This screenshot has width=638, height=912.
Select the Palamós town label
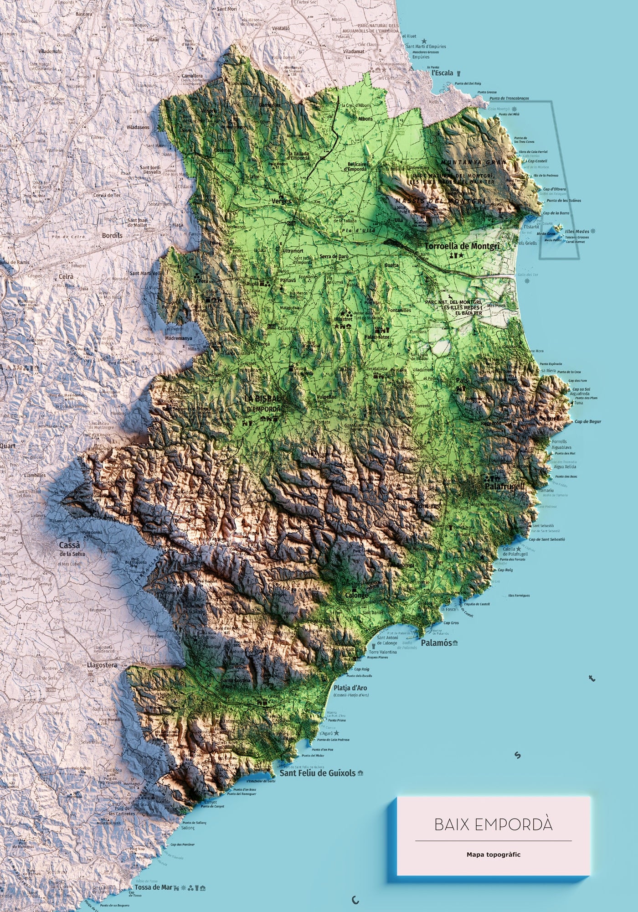(x=436, y=643)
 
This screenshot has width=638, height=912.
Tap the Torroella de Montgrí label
(x=462, y=246)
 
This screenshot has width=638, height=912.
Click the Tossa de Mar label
(x=153, y=887)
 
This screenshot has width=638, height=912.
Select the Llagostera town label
(x=102, y=665)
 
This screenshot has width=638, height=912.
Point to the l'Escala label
(x=442, y=73)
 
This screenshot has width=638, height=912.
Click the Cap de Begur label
(x=588, y=422)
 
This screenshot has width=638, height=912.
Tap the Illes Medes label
(x=577, y=231)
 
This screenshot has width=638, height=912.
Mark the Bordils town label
(x=112, y=236)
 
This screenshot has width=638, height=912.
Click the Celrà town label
(x=66, y=277)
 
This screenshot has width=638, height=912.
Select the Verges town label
(x=281, y=201)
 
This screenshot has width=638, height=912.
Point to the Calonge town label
(x=356, y=596)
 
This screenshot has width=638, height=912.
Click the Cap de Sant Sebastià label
(x=547, y=539)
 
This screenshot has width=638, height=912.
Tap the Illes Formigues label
(x=519, y=596)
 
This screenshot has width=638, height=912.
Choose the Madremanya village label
(x=179, y=338)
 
